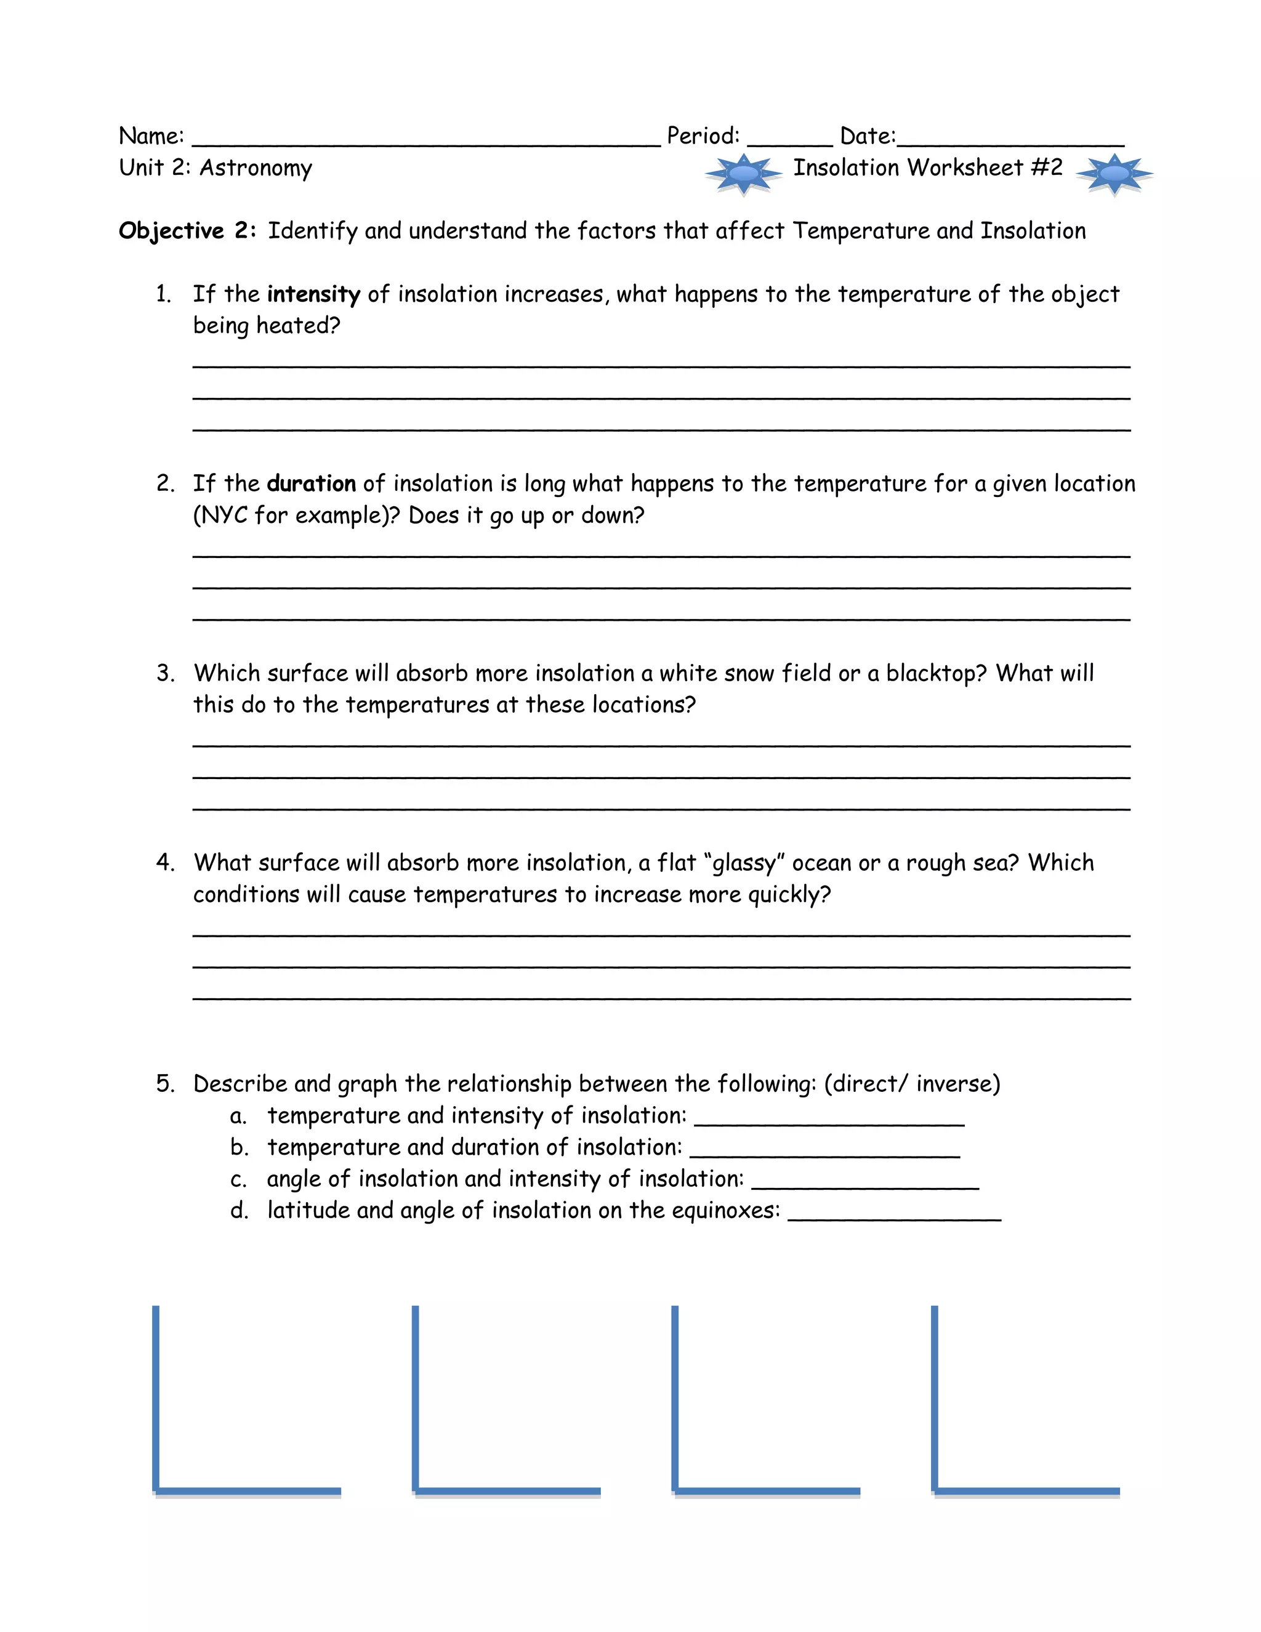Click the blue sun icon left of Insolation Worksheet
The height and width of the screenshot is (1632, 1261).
pos(743,174)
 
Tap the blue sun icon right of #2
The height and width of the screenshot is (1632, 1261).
pos(1114,174)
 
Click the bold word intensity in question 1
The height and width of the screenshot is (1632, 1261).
pos(314,294)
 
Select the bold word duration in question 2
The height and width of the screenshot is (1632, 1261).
pos(311,484)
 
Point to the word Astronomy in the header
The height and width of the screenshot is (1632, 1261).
pos(256,168)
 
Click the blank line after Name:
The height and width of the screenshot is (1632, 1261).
pos(426,142)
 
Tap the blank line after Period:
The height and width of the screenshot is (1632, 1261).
pos(789,142)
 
